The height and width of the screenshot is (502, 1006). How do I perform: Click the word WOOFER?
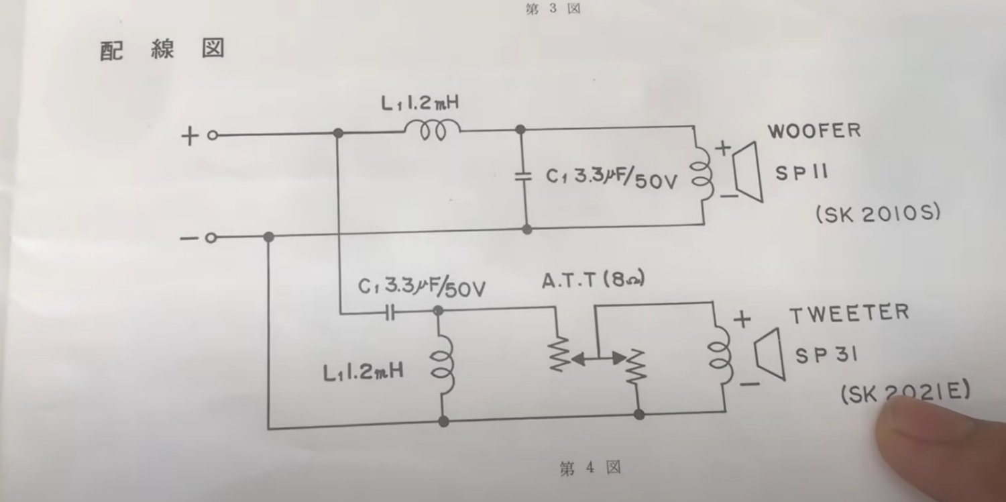coord(814,130)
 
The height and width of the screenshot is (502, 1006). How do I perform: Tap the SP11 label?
coord(802,172)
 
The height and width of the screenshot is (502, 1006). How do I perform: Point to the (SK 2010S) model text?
coord(878,214)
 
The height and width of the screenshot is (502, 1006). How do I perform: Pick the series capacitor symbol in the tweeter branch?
coord(390,312)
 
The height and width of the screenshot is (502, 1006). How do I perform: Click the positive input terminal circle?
coord(212,136)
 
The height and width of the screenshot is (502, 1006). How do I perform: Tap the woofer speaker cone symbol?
coord(745,172)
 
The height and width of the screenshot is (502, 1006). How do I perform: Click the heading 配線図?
coord(162,50)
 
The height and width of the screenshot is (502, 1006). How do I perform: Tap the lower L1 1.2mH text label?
coord(362,371)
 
